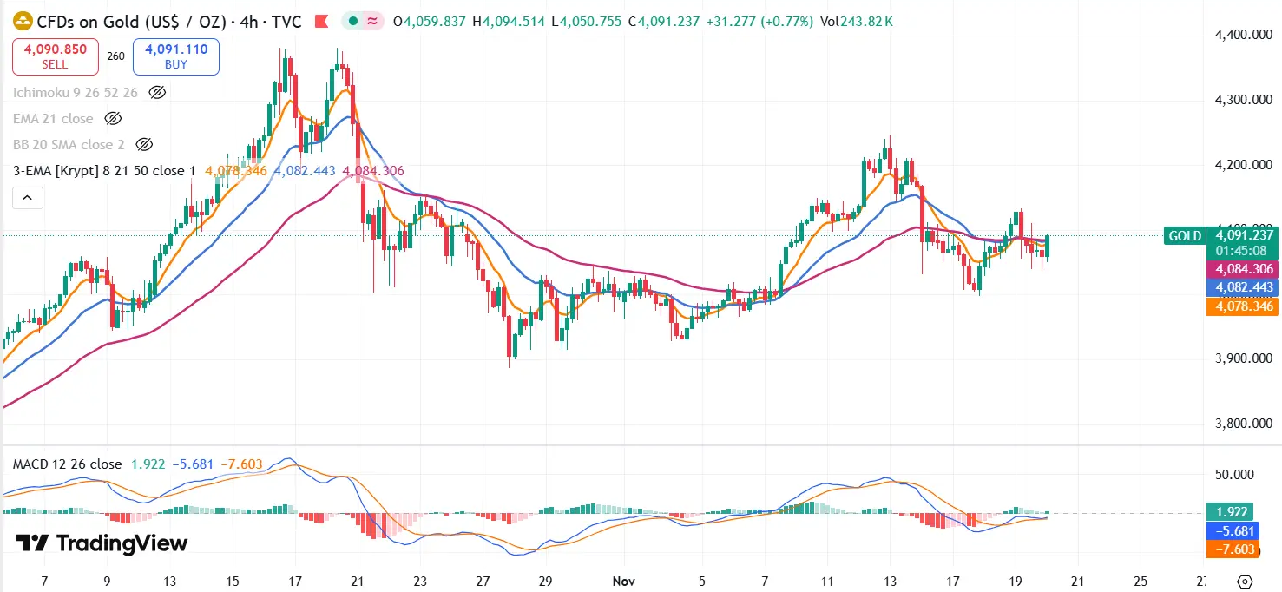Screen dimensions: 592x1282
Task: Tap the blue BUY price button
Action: point(176,56)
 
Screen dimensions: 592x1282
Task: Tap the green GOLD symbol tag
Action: point(1185,235)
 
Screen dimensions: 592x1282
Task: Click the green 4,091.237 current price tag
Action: point(1245,234)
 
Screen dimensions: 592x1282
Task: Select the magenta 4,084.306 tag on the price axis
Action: point(1245,269)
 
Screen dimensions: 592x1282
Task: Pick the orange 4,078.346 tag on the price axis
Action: point(1245,306)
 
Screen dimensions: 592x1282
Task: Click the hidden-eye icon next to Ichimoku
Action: point(157,92)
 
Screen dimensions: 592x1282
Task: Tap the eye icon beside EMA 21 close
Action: point(112,118)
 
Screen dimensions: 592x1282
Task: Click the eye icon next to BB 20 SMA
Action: point(145,144)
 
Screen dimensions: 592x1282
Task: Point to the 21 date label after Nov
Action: point(1077,581)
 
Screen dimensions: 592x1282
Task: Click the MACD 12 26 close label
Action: point(67,464)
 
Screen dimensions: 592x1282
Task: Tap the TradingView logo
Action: point(102,543)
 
